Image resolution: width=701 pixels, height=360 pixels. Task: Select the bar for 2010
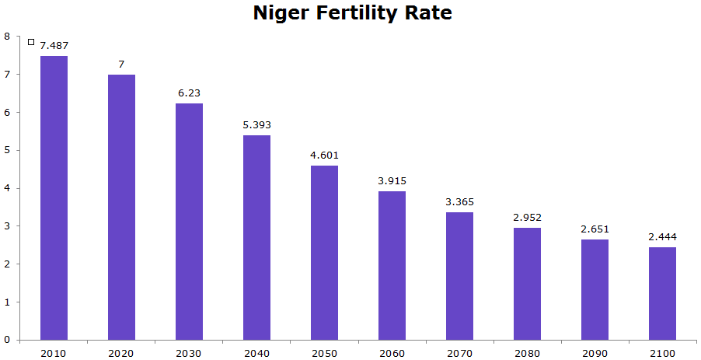pos(54,198)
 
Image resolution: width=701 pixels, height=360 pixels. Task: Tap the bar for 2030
pos(189,222)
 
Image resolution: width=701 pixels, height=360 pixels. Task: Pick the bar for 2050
pos(324,253)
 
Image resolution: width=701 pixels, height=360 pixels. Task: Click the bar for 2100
pos(662,294)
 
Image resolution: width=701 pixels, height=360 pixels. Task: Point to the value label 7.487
pos(54,46)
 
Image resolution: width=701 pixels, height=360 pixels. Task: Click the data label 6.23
pos(189,93)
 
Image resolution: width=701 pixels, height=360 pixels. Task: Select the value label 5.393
pos(256,125)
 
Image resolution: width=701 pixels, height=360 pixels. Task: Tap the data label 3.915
pos(392,181)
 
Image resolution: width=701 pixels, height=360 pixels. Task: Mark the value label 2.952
pos(527,218)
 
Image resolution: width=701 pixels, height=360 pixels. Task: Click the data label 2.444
pos(662,237)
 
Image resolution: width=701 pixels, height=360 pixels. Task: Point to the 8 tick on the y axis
pos(7,36)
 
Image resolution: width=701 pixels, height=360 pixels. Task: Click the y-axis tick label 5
pos(7,150)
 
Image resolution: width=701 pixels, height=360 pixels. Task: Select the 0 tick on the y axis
pos(7,340)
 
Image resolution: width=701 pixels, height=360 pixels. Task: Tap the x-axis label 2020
pos(121,353)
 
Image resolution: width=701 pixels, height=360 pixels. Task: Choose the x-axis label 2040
pos(256,353)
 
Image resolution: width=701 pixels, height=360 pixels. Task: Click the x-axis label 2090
pos(595,353)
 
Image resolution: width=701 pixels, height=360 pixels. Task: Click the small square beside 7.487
pos(31,42)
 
